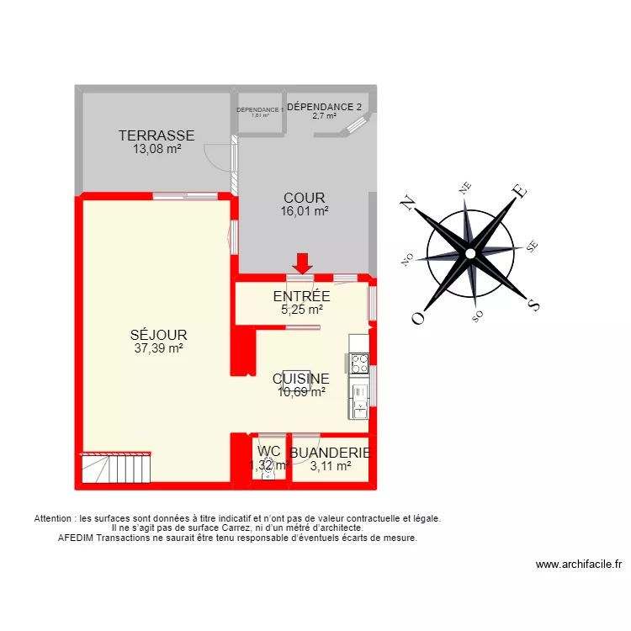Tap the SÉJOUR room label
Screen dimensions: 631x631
[x=159, y=334]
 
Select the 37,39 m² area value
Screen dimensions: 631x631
[x=159, y=347]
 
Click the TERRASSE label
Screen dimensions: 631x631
[x=156, y=135]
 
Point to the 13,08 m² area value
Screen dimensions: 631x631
[x=156, y=149]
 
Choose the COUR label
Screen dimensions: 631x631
[x=304, y=199]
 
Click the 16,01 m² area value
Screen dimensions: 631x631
[x=304, y=212]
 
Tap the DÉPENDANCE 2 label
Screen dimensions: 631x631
[x=325, y=107]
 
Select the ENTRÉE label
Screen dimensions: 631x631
[x=301, y=296]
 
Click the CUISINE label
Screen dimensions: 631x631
[x=301, y=379]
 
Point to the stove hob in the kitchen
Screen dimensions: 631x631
[x=359, y=363]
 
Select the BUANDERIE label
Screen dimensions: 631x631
[x=330, y=452]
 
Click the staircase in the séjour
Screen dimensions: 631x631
[x=117, y=467]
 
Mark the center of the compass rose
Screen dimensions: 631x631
[x=470, y=252]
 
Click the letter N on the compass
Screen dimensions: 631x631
[x=409, y=202]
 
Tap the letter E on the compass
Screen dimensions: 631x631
[x=521, y=192]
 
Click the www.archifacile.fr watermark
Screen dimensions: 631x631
[x=578, y=565]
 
